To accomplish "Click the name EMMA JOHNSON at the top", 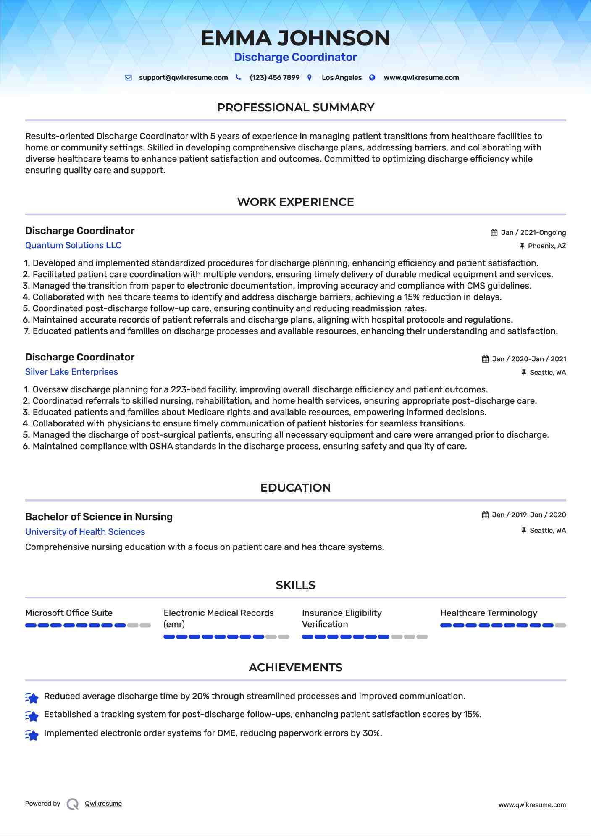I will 295,38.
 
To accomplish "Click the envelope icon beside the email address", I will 128,78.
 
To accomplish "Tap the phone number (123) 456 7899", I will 274,78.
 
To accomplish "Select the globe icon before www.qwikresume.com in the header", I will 372,78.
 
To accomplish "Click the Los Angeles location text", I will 341,78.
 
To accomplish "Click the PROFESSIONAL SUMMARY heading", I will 295,108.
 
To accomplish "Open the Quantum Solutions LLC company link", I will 73,245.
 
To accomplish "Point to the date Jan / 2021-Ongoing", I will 533,233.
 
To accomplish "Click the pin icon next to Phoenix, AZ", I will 522,246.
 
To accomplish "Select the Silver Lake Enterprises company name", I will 71,372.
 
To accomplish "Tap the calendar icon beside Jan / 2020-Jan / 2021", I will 485,359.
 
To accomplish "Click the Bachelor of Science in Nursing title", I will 99,517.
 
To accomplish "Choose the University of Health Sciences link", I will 85,532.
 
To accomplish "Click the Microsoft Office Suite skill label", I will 69,613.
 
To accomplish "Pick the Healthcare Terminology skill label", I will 489,613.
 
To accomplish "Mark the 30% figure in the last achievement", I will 371,733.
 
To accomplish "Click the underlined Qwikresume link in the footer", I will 103,804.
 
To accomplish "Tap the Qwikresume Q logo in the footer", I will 73,804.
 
